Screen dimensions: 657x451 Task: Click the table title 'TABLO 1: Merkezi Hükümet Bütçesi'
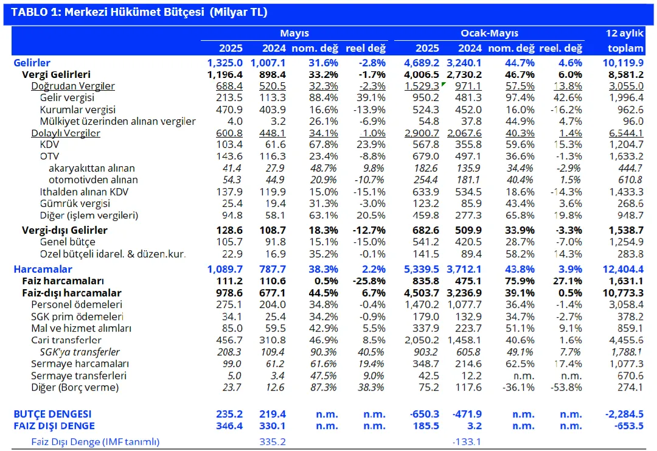(x=108, y=12)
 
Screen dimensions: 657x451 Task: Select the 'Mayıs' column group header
(x=294, y=33)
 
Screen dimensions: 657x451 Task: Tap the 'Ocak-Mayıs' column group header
(x=489, y=33)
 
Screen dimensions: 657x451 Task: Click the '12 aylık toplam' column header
(x=625, y=41)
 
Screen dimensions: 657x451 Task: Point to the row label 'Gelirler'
(x=32, y=63)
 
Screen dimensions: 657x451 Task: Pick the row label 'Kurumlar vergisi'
(x=77, y=110)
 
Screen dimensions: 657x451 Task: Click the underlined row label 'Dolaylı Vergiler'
(x=65, y=133)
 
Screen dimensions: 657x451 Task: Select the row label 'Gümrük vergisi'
(x=75, y=204)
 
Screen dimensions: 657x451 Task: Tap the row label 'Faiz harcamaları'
(x=63, y=281)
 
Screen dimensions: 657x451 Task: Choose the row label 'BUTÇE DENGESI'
(x=52, y=414)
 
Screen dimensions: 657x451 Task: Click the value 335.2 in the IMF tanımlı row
(x=273, y=442)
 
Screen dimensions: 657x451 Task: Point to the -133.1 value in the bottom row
(x=467, y=442)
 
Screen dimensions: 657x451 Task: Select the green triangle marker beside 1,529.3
(x=443, y=84)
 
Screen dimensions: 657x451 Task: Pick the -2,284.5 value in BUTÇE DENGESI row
(x=624, y=414)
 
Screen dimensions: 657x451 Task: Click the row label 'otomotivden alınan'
(x=93, y=180)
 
